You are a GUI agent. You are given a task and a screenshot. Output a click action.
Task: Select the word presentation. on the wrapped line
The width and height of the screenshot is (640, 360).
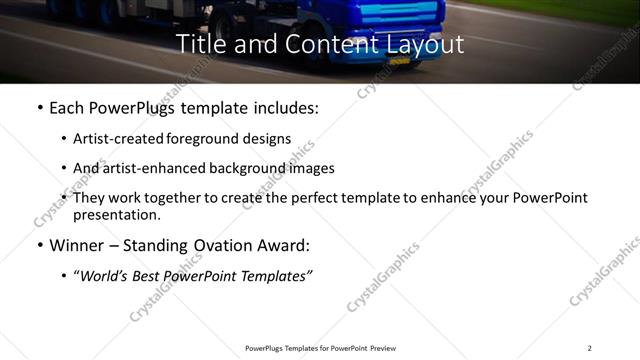tap(117, 214)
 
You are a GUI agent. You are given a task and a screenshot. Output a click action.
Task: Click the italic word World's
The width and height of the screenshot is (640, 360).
tap(109, 275)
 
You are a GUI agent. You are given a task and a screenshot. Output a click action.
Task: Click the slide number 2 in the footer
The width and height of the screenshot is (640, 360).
tap(589, 348)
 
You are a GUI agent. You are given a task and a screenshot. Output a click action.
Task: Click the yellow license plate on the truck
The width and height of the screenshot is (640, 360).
tap(400, 60)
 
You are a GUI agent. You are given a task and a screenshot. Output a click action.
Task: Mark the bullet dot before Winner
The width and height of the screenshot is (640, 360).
tap(38, 245)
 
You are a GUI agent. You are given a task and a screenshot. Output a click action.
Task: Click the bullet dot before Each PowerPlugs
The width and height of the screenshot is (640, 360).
tap(38, 106)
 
